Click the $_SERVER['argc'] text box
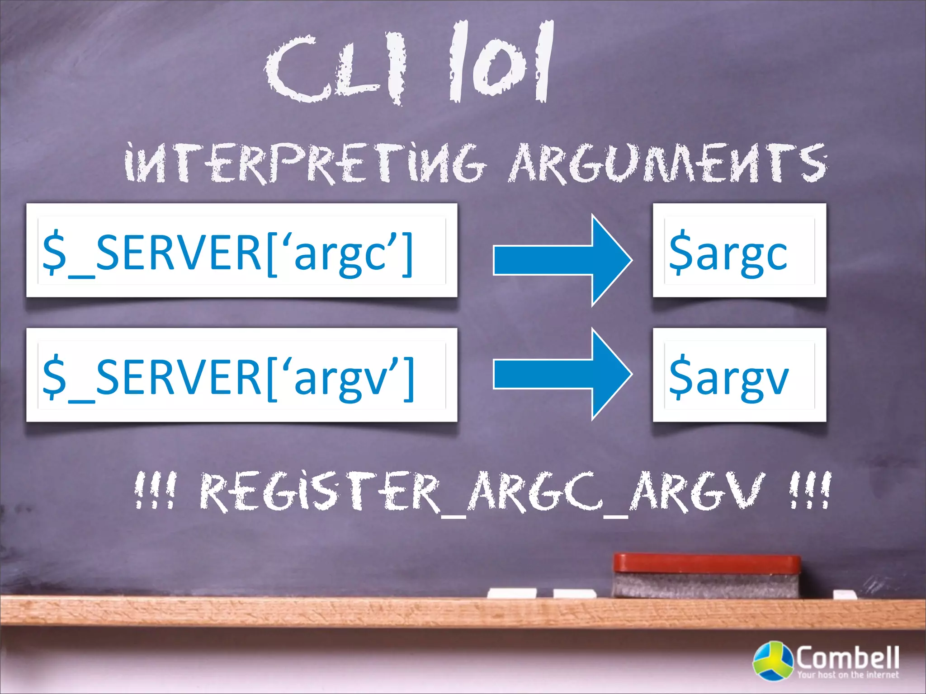coord(241,250)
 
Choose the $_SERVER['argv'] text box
coord(241,375)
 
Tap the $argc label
coord(739,250)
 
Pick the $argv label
coord(739,375)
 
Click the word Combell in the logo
coord(847,658)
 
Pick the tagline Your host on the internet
coord(847,675)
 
